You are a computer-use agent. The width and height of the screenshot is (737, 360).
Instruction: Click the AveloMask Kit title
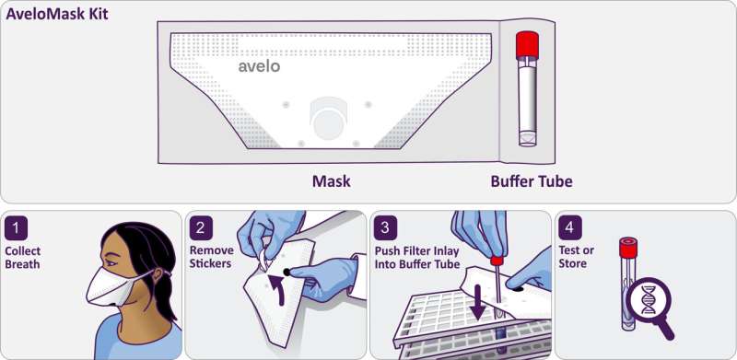(x=57, y=14)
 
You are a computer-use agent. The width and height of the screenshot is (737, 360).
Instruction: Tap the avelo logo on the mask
(x=259, y=66)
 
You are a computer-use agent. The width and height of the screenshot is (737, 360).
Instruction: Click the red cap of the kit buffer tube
(x=527, y=45)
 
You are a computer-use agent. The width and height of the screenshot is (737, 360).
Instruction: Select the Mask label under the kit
(x=332, y=181)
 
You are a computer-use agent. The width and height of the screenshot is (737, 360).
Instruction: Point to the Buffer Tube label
(x=532, y=181)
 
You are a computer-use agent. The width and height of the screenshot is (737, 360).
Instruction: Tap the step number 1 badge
(x=17, y=228)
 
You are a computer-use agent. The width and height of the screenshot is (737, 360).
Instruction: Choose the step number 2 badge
(x=201, y=228)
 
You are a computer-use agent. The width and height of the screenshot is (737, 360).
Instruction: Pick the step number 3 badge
(x=385, y=228)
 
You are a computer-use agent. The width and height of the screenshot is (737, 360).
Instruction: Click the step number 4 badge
(x=570, y=228)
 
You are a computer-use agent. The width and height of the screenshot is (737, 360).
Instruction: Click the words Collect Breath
(x=22, y=258)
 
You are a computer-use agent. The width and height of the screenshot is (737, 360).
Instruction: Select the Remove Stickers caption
(x=211, y=257)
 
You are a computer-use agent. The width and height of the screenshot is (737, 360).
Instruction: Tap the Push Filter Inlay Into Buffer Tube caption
(x=416, y=258)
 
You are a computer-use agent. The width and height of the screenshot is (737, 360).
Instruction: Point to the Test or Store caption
(x=576, y=257)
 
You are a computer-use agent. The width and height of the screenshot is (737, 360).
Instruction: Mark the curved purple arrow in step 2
(x=277, y=290)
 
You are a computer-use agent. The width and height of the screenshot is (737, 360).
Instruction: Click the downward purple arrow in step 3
(x=479, y=302)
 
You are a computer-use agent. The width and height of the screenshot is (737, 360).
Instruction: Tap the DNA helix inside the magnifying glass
(x=649, y=300)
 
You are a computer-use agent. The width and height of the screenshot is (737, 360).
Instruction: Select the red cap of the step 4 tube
(x=628, y=248)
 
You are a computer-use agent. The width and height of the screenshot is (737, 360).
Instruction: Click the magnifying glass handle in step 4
(x=666, y=331)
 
